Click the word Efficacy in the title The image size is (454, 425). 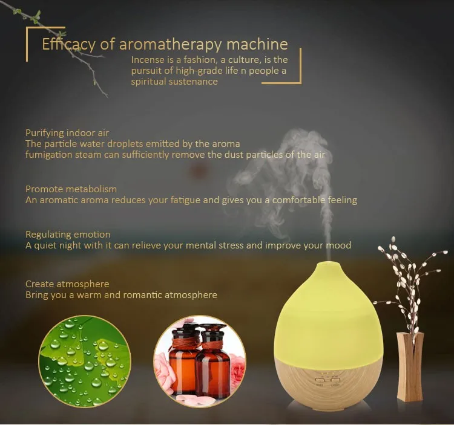(x=68, y=45)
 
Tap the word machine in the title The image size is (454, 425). (x=257, y=44)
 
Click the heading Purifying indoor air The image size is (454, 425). (x=67, y=133)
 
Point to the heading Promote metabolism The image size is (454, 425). (x=71, y=189)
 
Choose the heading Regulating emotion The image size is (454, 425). (x=68, y=235)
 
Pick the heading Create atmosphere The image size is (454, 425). (x=67, y=284)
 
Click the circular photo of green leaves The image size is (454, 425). (x=85, y=362)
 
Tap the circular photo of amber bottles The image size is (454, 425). (x=200, y=362)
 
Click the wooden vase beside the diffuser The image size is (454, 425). (x=410, y=366)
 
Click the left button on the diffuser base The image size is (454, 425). (x=320, y=381)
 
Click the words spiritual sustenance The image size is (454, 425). (x=174, y=82)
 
